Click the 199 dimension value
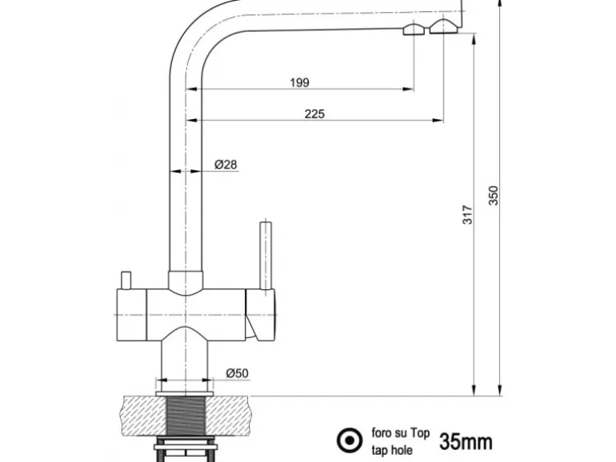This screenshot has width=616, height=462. coord(299,82)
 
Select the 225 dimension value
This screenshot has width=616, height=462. coord(314,114)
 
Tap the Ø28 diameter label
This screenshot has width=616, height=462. coord(226,165)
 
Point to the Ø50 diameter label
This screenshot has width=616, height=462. coord(238,373)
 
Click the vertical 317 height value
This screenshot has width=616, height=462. coord(469,214)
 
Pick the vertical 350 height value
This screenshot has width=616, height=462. coord(494,196)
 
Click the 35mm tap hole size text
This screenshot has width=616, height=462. coord(466,440)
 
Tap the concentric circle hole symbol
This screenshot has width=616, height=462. coord(348,440)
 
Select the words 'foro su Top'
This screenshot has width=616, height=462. coord(401,433)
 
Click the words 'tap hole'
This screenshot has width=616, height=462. coord(393,449)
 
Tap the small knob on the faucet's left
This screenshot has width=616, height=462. coord(126,281)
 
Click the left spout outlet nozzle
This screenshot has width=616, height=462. coord(414,30)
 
